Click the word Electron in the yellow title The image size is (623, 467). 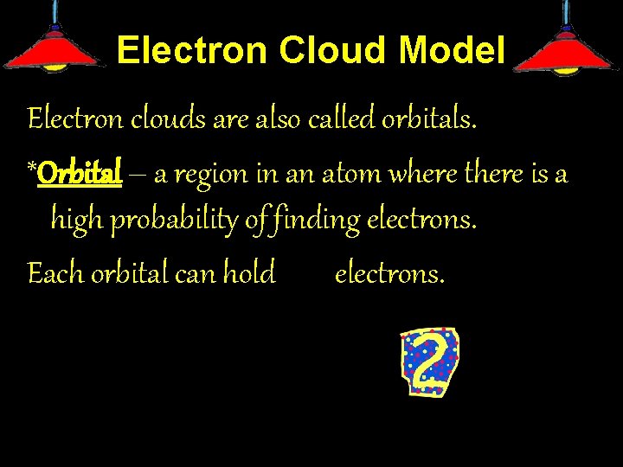tap(193, 51)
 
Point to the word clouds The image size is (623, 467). tap(168, 118)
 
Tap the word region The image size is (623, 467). tap(206, 176)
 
